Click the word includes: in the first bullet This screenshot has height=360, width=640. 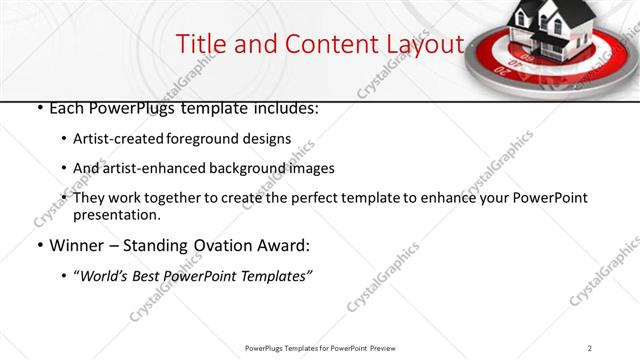[284, 108]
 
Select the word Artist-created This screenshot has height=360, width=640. [119, 139]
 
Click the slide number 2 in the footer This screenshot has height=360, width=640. [590, 348]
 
